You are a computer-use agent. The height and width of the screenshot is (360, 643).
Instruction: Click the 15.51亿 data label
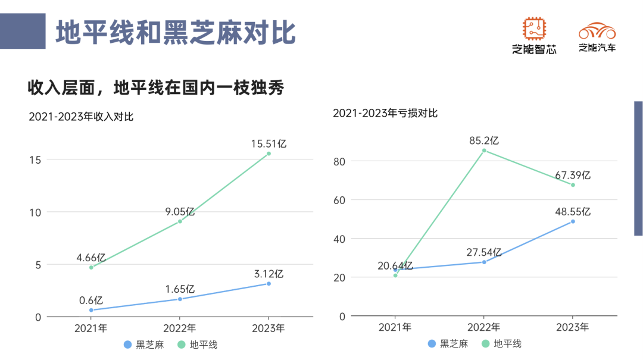pos(269,143)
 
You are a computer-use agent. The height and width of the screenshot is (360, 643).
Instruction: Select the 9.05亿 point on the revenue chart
pos(180,221)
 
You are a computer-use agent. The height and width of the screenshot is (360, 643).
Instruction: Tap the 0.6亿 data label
pos(91,300)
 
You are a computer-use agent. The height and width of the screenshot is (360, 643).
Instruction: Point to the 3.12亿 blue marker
pos(269,284)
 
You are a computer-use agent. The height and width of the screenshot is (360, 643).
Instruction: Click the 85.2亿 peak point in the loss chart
pos(484,151)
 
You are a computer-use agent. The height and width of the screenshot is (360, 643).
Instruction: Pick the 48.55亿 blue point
pos(573,221)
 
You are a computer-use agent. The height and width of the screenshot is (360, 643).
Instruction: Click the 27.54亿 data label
pos(484,252)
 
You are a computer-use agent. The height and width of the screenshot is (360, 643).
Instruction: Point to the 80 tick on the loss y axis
pos(340,161)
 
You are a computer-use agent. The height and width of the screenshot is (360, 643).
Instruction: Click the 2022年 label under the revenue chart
pos(180,328)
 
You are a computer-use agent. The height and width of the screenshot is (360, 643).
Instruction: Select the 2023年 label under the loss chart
pos(573,327)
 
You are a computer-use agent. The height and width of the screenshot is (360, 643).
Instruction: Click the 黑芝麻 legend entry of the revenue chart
pos(143,345)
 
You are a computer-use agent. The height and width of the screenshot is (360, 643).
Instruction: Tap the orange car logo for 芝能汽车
pos(597,30)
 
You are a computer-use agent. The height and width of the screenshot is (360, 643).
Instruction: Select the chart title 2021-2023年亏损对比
pos(385,112)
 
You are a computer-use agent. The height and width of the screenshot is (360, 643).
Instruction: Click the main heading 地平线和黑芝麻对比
pos(176,32)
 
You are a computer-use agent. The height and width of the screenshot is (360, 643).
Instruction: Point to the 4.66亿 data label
pos(91,258)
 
